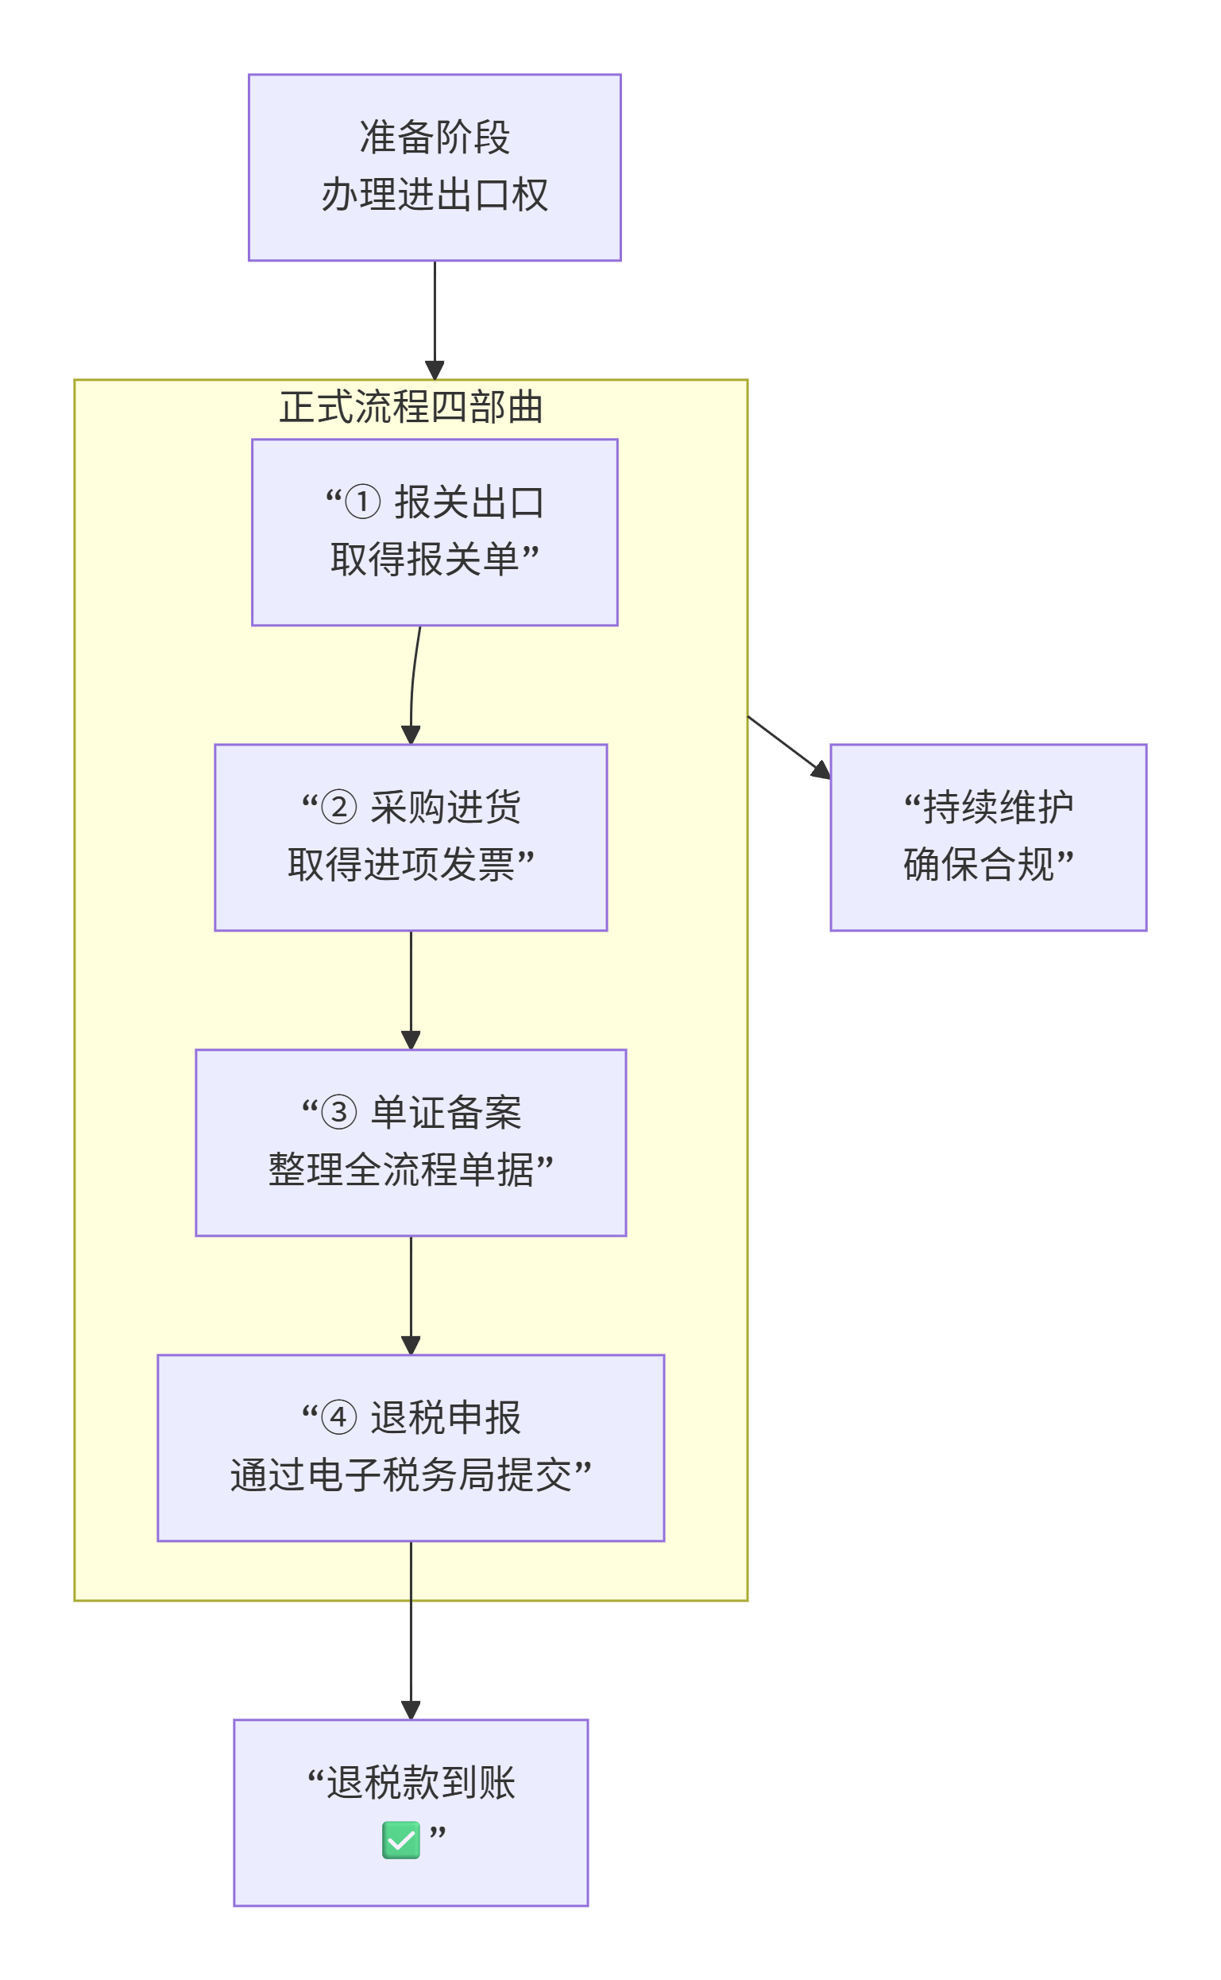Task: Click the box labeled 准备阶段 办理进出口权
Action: (435, 167)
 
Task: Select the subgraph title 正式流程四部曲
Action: (410, 406)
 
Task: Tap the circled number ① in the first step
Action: (362, 502)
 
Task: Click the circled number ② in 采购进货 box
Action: (338, 807)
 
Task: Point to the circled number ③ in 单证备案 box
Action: (338, 1112)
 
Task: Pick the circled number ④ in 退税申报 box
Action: (338, 1418)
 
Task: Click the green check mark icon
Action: (400, 1840)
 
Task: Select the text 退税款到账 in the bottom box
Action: (420, 1783)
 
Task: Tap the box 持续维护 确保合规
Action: (987, 837)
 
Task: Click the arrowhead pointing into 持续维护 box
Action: (821, 770)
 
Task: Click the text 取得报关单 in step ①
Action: (424, 559)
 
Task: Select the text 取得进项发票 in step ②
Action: (400, 864)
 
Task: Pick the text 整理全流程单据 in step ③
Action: (400, 1170)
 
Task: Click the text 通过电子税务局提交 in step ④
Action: (400, 1475)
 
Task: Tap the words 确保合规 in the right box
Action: (978, 864)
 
